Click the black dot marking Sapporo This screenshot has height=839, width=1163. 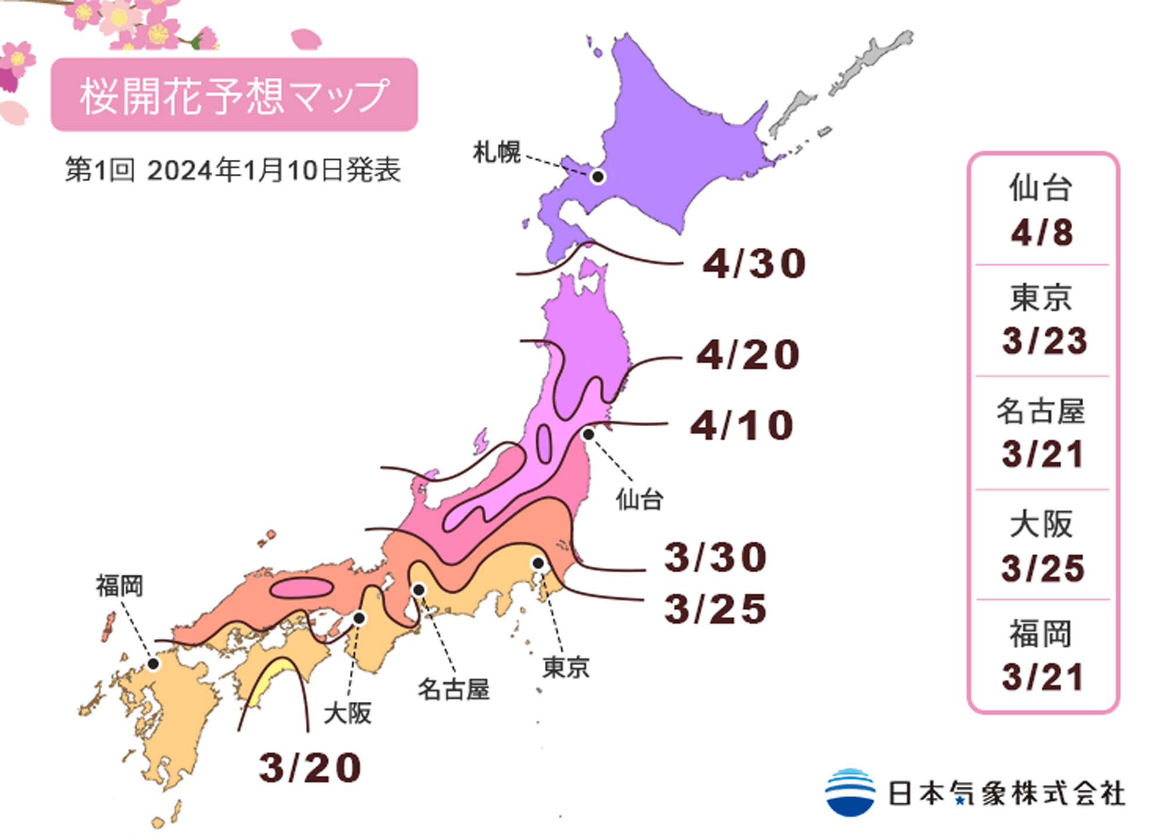598,176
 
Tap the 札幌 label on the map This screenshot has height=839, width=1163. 497,152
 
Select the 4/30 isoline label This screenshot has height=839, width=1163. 754,263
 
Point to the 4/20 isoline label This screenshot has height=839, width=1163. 748,355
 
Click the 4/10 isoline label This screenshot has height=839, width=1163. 742,425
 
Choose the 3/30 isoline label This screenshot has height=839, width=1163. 716,557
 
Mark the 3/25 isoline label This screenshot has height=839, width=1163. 716,609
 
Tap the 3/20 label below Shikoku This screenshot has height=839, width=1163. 310,767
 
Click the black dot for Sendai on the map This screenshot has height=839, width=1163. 588,434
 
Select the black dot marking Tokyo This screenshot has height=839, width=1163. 538,563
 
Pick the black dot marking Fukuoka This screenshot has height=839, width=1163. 154,663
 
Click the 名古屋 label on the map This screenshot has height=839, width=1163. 454,690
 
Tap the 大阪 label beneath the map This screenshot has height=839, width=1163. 347,713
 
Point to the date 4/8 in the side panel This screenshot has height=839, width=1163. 1042,233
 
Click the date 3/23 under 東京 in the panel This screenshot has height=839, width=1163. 1044,341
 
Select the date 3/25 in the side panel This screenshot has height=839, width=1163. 1043,568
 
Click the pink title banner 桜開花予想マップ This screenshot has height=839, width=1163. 234,95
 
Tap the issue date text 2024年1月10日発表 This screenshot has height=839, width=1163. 273,170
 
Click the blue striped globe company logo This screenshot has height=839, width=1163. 850,792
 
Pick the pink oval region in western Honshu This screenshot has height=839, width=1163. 301,588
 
